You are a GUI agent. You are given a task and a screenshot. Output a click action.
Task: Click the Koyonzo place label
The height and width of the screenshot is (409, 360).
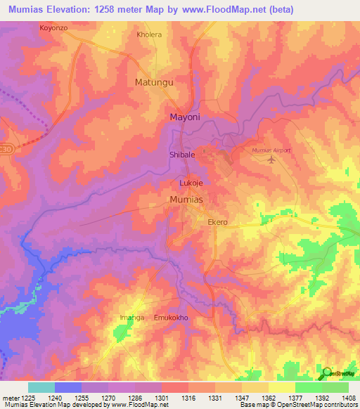53,28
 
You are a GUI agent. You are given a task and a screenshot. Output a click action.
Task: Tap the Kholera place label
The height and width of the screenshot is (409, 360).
149,34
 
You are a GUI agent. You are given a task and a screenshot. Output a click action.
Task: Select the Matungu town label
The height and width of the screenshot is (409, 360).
153,82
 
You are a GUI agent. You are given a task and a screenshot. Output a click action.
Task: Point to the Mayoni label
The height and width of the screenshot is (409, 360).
186,118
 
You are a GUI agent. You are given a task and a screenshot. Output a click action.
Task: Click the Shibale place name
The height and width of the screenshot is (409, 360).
182,154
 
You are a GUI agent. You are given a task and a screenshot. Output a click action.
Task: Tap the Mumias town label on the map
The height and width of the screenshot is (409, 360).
187,200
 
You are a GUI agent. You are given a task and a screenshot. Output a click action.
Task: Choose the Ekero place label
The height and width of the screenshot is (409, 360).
217,222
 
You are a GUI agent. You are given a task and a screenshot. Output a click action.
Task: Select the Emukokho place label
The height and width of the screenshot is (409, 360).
172,318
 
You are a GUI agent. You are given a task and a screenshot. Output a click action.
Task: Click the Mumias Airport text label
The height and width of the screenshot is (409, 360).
271,150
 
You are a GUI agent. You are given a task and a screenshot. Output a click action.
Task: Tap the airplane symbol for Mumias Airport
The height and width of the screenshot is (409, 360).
273,160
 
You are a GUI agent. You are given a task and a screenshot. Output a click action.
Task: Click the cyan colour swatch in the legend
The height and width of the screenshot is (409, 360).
41,387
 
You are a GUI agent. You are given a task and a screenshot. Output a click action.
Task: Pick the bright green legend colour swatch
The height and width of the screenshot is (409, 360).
308,387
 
